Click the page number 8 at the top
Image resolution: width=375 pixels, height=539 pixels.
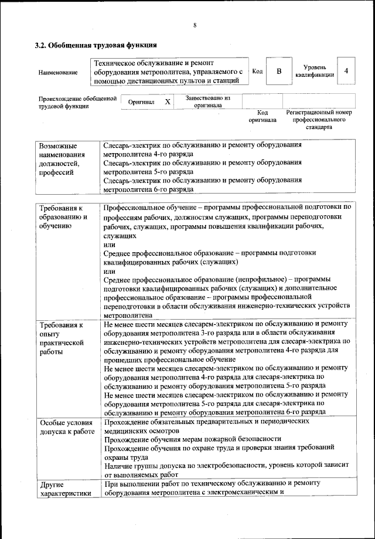coord(194,25)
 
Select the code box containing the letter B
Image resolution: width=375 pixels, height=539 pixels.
coord(279,71)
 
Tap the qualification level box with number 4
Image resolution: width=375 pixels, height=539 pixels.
coord(346,71)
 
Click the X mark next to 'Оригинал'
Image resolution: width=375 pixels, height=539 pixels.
coord(167,101)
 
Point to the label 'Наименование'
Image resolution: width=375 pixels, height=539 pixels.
coord(58,72)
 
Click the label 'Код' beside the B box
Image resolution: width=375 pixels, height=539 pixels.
coord(257,71)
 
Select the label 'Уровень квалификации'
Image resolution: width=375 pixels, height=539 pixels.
coord(315,71)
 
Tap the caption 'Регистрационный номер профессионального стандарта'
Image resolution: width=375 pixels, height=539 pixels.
coord(318,119)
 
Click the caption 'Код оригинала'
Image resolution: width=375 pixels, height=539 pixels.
coord(262,116)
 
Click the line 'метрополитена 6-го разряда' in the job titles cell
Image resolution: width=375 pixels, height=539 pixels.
coord(148,190)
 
